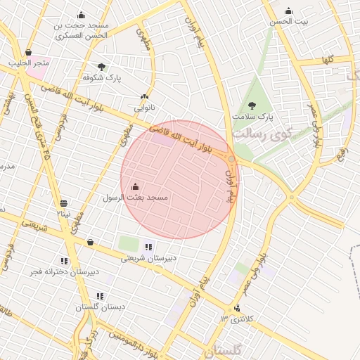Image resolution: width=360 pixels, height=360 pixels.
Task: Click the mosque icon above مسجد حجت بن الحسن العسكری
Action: click(x=81, y=15)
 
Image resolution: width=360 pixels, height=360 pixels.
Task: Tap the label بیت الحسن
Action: click(x=290, y=22)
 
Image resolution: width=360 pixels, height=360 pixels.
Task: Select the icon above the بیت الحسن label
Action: click(x=289, y=11)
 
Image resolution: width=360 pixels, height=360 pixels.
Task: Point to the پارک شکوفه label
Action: click(x=102, y=78)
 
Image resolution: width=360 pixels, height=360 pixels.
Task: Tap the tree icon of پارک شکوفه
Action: click(x=102, y=67)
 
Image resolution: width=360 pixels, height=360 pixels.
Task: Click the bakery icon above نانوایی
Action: click(x=145, y=97)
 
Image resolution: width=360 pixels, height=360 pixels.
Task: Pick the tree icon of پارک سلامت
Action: click(x=252, y=105)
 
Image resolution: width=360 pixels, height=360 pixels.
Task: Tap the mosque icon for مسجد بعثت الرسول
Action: click(x=135, y=187)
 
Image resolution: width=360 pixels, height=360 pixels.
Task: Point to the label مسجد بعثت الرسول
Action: click(x=136, y=198)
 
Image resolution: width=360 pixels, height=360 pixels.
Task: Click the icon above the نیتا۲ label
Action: click(x=64, y=203)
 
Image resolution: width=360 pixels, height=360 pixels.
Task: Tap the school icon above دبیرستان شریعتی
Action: click(x=148, y=246)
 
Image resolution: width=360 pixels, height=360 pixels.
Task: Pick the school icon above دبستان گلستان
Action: click(x=100, y=296)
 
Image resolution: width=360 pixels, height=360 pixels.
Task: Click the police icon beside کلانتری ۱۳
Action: click(x=237, y=308)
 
